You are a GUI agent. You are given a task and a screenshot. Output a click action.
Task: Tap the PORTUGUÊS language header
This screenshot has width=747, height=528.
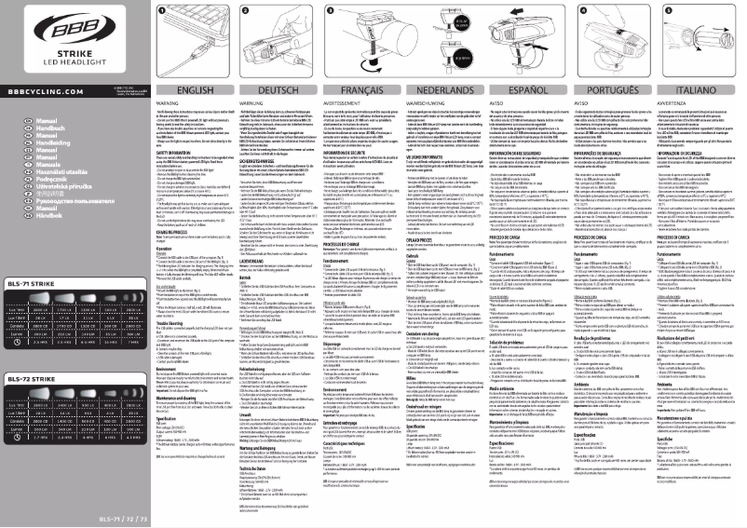pyautogui.click(x=614, y=90)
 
